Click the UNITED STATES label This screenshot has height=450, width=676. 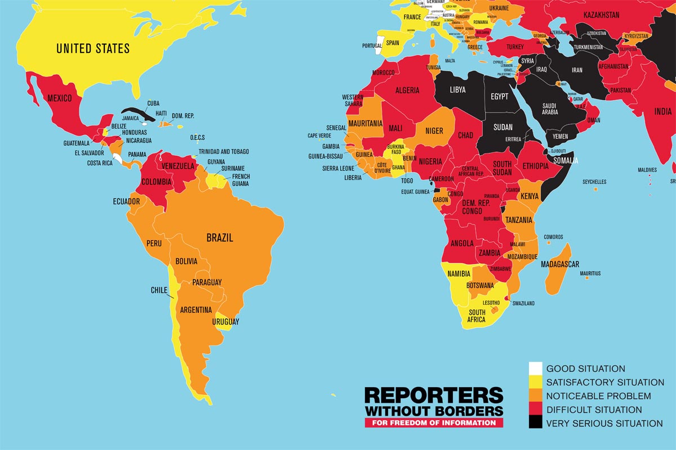pos(93,48)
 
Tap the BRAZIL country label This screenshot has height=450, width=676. pos(220,237)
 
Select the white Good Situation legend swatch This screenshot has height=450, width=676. pos(535,369)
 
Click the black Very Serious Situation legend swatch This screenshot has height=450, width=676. pos(535,423)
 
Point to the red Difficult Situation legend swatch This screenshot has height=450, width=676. pos(535,409)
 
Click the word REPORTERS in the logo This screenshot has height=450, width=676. pos(433,394)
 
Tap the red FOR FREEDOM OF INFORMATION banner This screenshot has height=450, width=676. pos(433,422)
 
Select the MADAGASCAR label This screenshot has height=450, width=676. pos(560,264)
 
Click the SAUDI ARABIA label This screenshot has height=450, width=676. pos(550,109)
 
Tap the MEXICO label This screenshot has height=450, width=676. pos(59,98)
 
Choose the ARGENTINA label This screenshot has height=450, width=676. pos(196,310)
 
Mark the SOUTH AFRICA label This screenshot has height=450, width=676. pos(477,316)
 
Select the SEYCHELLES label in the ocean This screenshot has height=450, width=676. pos(594,182)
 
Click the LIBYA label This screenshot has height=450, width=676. pos(457,89)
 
